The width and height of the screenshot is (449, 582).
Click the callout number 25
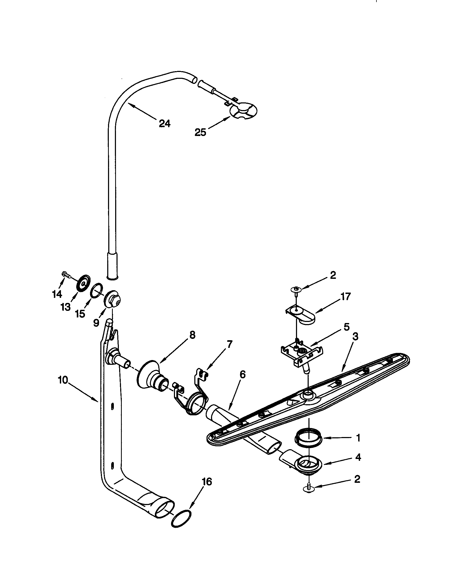click(x=200, y=133)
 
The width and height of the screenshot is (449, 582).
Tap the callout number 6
click(x=242, y=375)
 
